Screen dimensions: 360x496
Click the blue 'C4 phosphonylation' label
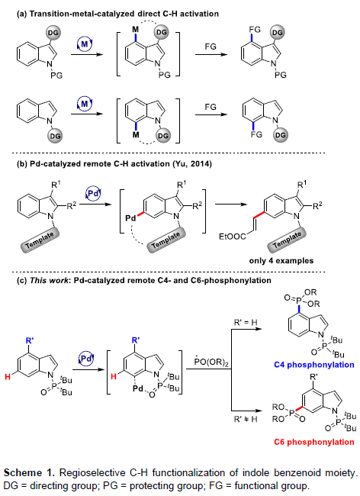pyautogui.click(x=313, y=365)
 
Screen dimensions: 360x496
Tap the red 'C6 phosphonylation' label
pyautogui.click(x=313, y=442)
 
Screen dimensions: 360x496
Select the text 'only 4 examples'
pyautogui.click(x=281, y=261)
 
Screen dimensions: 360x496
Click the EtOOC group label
pyautogui.click(x=233, y=237)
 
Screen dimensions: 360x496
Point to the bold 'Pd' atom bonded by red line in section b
pyautogui.click(x=131, y=218)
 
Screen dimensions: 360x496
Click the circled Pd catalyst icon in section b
pyautogui.click(x=92, y=193)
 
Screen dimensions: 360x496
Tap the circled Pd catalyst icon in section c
pyautogui.click(x=86, y=359)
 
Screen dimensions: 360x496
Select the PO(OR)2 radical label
pyautogui.click(x=211, y=362)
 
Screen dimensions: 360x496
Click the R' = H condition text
pyautogui.click(x=246, y=323)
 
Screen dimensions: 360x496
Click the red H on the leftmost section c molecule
pyautogui.click(x=8, y=376)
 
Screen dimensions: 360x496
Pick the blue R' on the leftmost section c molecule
pyautogui.click(x=30, y=340)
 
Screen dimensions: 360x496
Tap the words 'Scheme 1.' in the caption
pyautogui.click(x=29, y=473)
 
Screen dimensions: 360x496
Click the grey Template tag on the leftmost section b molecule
pyautogui.click(x=40, y=240)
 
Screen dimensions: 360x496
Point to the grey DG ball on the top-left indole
pyautogui.click(x=53, y=32)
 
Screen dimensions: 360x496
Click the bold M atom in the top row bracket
pyautogui.click(x=135, y=30)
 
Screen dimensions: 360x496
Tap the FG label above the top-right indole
pyautogui.click(x=255, y=30)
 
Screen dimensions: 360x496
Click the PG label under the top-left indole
pyautogui.click(x=56, y=75)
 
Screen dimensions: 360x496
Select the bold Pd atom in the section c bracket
pyautogui.click(x=138, y=388)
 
